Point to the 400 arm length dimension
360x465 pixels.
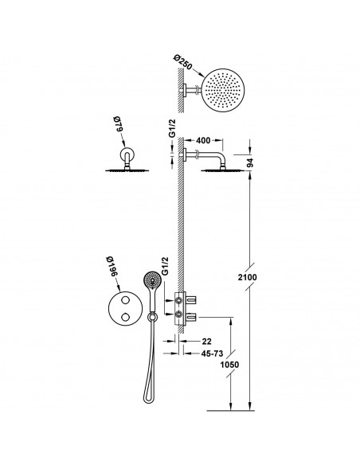203,141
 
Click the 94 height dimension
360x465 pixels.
250,162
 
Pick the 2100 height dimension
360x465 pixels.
248,277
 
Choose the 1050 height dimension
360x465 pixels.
229,365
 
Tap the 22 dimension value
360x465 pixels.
207,342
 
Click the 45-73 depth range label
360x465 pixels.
212,354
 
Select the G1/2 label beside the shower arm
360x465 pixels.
172,128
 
